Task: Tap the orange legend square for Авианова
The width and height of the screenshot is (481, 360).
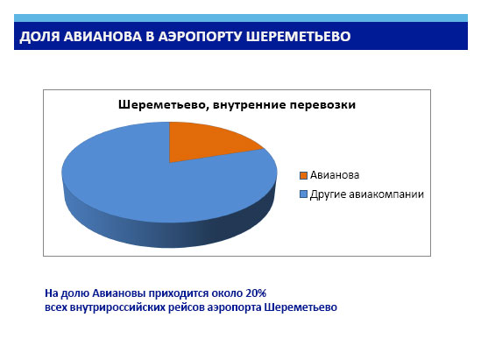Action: coord(303,175)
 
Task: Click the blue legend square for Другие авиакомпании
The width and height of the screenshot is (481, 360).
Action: coord(303,194)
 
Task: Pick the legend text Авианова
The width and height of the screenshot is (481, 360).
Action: coord(335,175)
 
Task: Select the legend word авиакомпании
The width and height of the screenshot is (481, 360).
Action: coord(386,194)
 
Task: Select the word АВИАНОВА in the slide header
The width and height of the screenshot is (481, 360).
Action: coord(103,37)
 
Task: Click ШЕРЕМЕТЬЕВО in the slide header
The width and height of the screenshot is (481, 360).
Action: coord(298,37)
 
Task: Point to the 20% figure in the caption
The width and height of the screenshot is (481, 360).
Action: coord(256,293)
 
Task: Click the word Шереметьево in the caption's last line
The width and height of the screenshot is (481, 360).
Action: coord(301,307)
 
